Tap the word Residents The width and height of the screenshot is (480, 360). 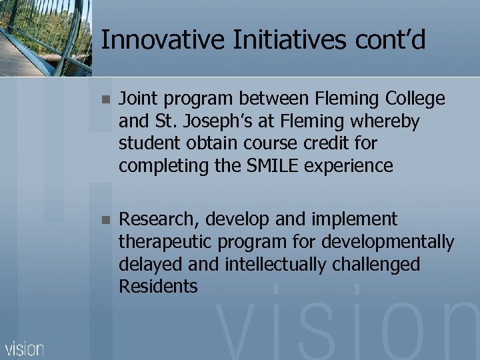click(x=158, y=286)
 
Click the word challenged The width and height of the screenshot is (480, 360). click(x=379, y=264)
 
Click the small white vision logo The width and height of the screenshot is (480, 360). click(x=25, y=348)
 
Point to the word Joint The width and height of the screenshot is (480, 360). click(x=136, y=99)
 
